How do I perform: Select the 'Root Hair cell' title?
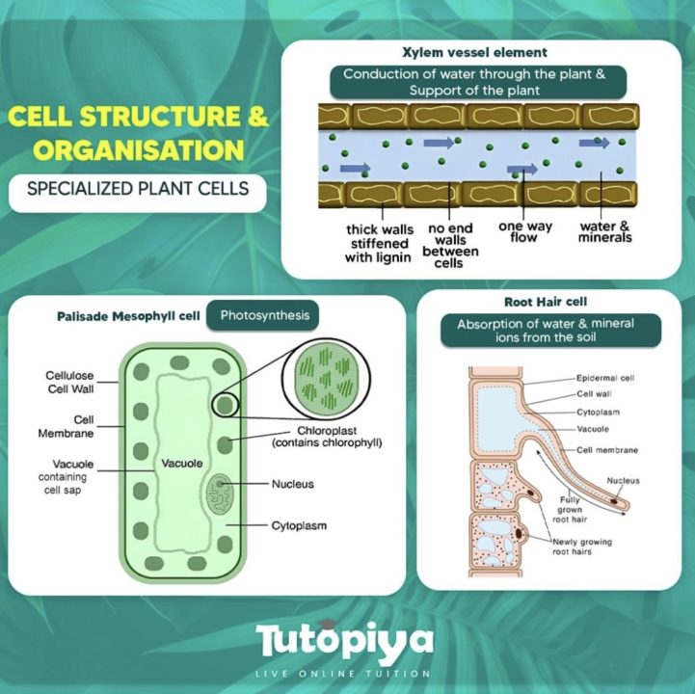(x=547, y=302)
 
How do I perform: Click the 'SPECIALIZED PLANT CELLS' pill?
(x=138, y=188)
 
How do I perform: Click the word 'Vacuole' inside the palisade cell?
(x=181, y=464)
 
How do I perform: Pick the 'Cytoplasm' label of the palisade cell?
(x=298, y=526)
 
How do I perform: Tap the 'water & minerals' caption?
(x=604, y=232)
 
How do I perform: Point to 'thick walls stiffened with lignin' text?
(x=379, y=244)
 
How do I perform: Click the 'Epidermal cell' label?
(x=606, y=379)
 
